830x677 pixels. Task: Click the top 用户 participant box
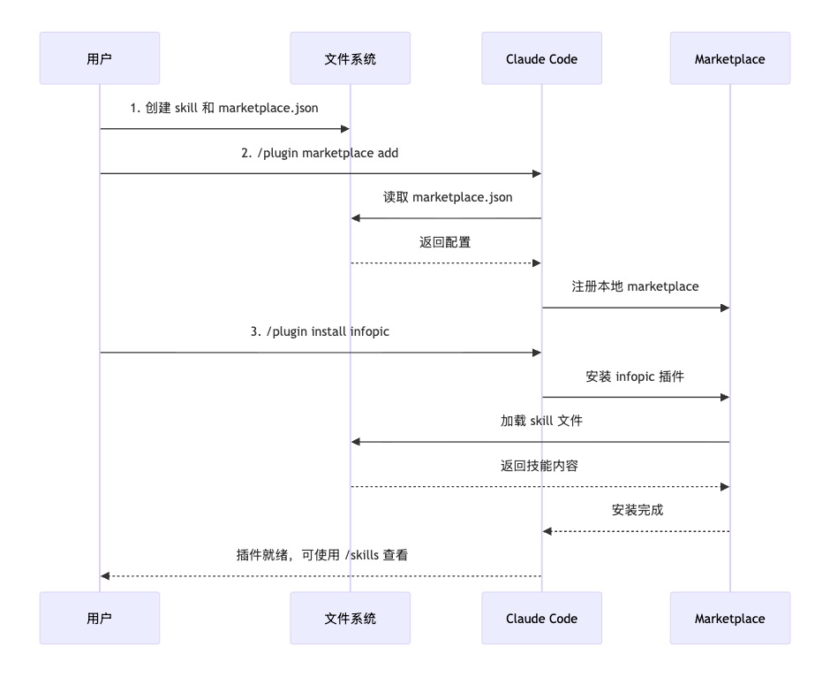[100, 59]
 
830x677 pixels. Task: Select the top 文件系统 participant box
[351, 59]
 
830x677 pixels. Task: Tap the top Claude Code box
[541, 59]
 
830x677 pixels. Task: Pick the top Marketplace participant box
[729, 59]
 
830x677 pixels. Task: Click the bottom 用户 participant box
[100, 619]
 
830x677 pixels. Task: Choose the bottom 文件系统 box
[351, 619]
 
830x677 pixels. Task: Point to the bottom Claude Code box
[541, 619]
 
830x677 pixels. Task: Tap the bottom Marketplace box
[729, 619]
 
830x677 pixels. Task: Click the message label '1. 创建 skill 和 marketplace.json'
[224, 108]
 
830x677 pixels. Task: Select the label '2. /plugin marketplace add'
[320, 153]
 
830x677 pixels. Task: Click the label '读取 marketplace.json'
[447, 197]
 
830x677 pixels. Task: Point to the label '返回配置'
[445, 242]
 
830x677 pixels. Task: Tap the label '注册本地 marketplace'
[635, 286]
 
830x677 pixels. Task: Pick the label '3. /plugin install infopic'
[320, 331]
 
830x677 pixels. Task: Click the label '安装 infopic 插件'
[635, 376]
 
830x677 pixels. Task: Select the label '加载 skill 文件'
[540, 421]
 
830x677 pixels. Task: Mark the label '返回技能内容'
[539, 466]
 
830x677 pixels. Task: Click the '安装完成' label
[637, 510]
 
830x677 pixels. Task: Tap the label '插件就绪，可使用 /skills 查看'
[321, 555]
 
